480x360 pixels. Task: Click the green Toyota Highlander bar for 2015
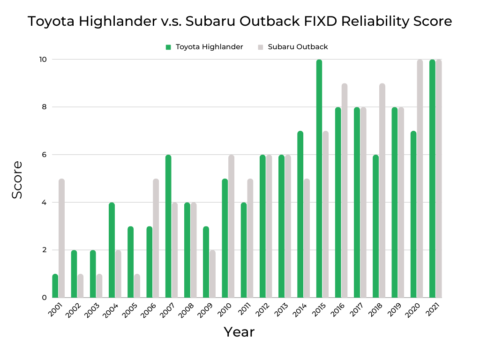tap(319, 179)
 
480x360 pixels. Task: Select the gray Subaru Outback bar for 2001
tap(62, 238)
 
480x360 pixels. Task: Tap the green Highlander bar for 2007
tap(168, 226)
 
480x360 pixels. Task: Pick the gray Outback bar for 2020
tap(420, 179)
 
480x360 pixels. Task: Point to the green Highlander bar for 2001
tap(55, 286)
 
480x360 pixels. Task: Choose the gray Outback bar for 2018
tap(382, 190)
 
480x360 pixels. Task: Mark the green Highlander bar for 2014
tap(300, 214)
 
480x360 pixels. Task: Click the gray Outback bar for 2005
tap(137, 286)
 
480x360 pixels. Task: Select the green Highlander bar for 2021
tap(432, 179)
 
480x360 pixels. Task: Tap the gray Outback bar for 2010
tap(231, 226)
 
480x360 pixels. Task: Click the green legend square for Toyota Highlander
tap(168, 47)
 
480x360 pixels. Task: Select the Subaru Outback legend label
tap(298, 47)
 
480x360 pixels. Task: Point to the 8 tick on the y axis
tap(43, 107)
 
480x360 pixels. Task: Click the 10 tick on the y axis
tap(43, 60)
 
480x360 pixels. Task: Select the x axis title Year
tap(239, 332)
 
